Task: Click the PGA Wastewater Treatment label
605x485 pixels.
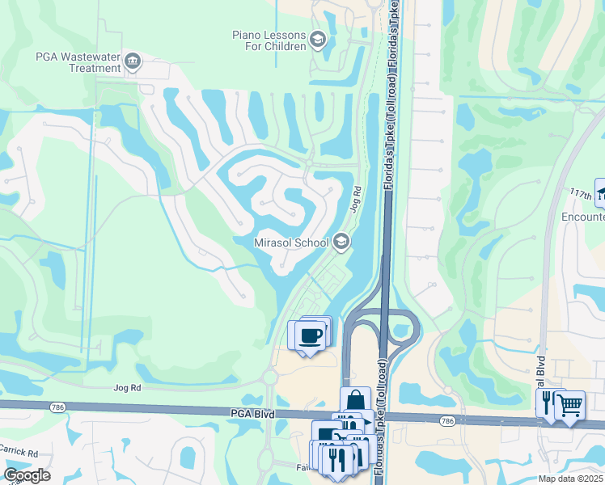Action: point(78,62)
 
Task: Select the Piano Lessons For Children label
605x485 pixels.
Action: point(269,40)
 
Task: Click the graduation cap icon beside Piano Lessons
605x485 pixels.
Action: point(318,40)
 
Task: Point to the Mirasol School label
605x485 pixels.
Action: point(291,242)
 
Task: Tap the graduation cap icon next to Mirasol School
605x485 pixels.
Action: point(341,241)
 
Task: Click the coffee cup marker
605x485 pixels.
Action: point(310,334)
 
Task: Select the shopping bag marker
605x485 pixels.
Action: point(355,401)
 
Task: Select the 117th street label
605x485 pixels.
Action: point(581,196)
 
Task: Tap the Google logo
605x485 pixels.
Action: point(27,475)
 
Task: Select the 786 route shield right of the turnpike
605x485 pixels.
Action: point(447,421)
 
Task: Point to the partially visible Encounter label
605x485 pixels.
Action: point(583,217)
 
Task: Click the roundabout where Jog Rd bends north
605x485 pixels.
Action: point(269,377)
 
